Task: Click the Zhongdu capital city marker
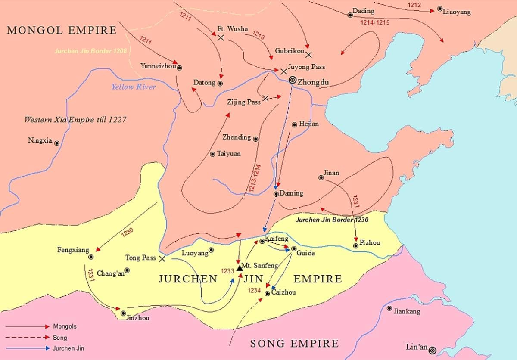tap(293, 80)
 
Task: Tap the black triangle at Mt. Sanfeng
tap(240, 268)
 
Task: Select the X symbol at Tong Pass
tap(162, 259)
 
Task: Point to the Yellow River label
tap(134, 87)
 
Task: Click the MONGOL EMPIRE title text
tap(62, 30)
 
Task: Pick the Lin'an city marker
tap(432, 350)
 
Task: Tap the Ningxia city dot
tap(56, 143)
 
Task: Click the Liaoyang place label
tap(457, 12)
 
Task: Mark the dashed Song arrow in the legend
tap(28, 338)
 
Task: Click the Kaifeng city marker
tap(262, 241)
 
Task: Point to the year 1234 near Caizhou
tap(254, 291)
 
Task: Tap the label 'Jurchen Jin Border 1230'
tap(332, 220)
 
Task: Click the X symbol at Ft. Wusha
tap(221, 38)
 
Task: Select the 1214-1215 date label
tap(375, 22)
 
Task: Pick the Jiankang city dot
tap(389, 308)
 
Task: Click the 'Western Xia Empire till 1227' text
tap(75, 120)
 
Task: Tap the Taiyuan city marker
tap(212, 154)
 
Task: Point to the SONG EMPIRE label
tap(295, 344)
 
